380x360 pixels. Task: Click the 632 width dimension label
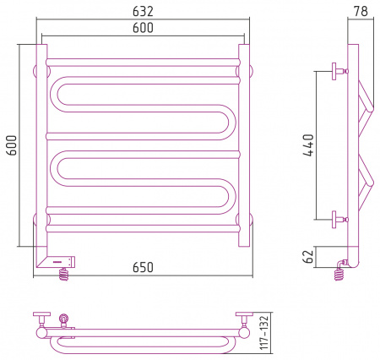[143, 11]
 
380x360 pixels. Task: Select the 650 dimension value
[143, 267]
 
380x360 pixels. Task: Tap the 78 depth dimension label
[361, 11]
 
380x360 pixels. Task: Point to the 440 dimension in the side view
[308, 145]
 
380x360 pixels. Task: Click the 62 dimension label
[309, 256]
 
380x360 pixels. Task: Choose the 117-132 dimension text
[264, 332]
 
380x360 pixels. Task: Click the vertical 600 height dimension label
[12, 145]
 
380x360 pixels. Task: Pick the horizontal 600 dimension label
[143, 28]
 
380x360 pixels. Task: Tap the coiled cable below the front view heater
[64, 274]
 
